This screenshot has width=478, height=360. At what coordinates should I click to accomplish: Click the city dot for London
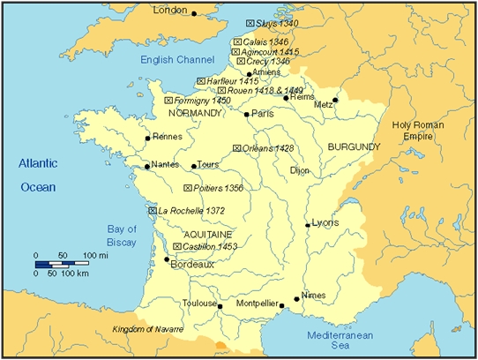pyautogui.click(x=195, y=12)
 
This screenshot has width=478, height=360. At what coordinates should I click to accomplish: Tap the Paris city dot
pyautogui.click(x=246, y=114)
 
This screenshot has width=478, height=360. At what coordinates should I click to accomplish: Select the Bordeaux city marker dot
pyautogui.click(x=167, y=259)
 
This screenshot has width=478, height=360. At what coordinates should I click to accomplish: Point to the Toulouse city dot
pyautogui.click(x=220, y=307)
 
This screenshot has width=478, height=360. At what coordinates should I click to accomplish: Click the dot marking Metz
pyautogui.click(x=335, y=101)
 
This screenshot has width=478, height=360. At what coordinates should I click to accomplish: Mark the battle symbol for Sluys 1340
pyautogui.click(x=250, y=23)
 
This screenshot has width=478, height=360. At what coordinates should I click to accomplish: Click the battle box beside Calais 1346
pyautogui.click(x=235, y=42)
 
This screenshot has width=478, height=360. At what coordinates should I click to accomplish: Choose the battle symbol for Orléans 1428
pyautogui.click(x=236, y=148)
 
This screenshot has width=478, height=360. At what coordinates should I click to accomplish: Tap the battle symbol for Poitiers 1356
pyautogui.click(x=187, y=188)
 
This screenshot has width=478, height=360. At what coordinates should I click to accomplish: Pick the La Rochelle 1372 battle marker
pyautogui.click(x=152, y=211)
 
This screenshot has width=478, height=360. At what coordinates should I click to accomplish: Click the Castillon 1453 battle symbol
pyautogui.click(x=177, y=246)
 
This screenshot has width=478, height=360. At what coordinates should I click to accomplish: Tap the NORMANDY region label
pyautogui.click(x=193, y=114)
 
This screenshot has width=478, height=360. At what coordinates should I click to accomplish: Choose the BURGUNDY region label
pyautogui.click(x=353, y=146)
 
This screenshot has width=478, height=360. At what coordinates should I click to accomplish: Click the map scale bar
pyautogui.click(x=59, y=264)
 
